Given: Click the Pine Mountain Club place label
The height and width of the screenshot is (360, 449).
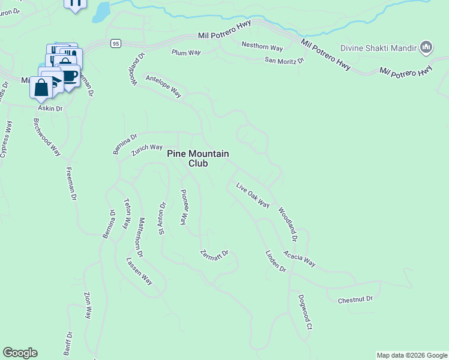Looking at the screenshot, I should pos(197,158).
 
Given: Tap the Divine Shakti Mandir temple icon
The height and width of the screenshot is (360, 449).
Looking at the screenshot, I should pos(426,47).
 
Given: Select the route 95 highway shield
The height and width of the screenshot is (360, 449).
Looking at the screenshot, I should pos(116,43).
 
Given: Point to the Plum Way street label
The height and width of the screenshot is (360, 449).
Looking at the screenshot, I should pos(185,53).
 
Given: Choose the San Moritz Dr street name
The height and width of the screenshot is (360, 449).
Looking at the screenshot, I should pos(284,60).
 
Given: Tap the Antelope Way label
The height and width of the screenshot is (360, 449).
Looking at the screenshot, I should pos(163,85).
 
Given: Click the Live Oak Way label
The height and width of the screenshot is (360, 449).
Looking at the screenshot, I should pos(253,195).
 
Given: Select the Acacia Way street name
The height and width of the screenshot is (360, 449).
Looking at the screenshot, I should pos(300,259).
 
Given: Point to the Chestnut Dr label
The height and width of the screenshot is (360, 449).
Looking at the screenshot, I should pos(355,299).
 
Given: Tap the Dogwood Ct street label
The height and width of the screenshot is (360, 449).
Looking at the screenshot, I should pos(305,311).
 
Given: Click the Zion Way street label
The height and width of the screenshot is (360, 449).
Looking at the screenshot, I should pos(88,306).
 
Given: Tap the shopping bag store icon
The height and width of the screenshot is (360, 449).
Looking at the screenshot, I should pos(41,88).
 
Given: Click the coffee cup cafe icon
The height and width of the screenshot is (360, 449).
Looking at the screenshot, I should pos(69,77).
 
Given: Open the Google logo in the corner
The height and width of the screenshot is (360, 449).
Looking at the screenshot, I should pos(20,353).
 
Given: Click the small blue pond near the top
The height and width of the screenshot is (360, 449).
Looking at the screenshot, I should pos(102,10).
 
